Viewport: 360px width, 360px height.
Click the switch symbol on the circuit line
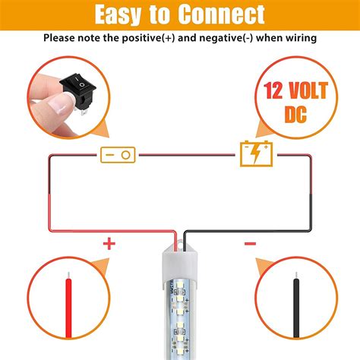click(x=118, y=154)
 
